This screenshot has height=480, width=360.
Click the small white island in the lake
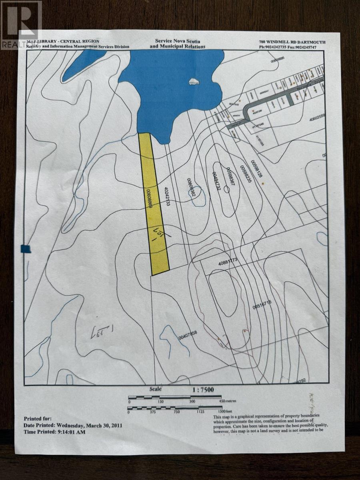coord(194,82)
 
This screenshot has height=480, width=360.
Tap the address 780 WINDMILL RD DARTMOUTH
coord(292,42)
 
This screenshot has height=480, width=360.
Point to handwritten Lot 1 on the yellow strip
coord(159,233)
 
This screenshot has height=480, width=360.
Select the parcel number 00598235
coord(244,174)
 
